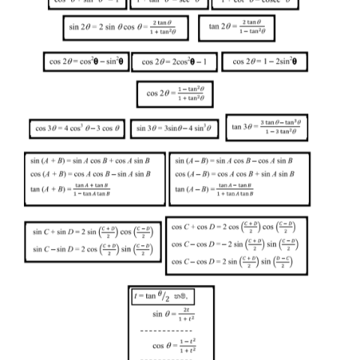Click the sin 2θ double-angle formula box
tap(128, 28)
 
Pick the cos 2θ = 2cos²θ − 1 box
tap(179, 61)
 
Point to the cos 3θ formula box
tap(78, 130)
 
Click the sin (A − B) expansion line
tap(233, 160)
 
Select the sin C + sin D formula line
tap(92, 232)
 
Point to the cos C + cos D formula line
tap(234, 226)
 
